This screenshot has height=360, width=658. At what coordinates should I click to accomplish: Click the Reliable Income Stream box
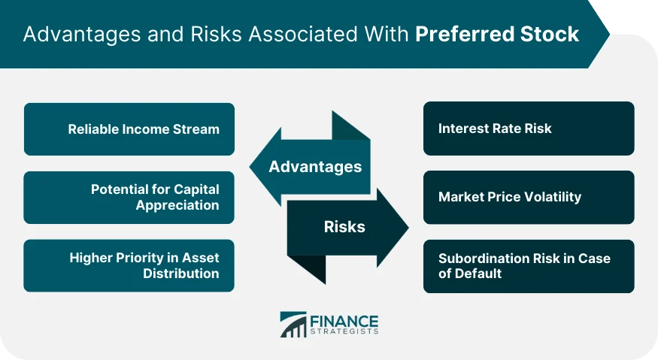pyautogui.click(x=129, y=129)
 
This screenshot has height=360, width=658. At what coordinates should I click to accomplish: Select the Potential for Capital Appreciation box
pyautogui.click(x=129, y=197)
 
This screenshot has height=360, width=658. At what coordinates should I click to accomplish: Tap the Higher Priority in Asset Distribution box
pyautogui.click(x=129, y=265)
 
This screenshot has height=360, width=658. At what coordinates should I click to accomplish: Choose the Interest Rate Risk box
pyautogui.click(x=528, y=129)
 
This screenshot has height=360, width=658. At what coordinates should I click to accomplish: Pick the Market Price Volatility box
pyautogui.click(x=528, y=197)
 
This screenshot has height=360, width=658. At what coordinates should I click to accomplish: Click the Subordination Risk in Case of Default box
pyautogui.click(x=528, y=265)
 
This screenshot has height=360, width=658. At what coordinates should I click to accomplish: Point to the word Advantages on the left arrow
pyautogui.click(x=315, y=166)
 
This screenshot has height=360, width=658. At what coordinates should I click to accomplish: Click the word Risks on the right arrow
pyautogui.click(x=345, y=226)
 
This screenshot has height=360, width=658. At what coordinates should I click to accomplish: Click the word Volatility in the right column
pyautogui.click(x=553, y=197)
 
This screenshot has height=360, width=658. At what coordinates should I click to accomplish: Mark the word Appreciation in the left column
pyautogui.click(x=177, y=205)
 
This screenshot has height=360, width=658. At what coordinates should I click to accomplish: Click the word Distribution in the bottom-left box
pyautogui.click(x=181, y=274)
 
